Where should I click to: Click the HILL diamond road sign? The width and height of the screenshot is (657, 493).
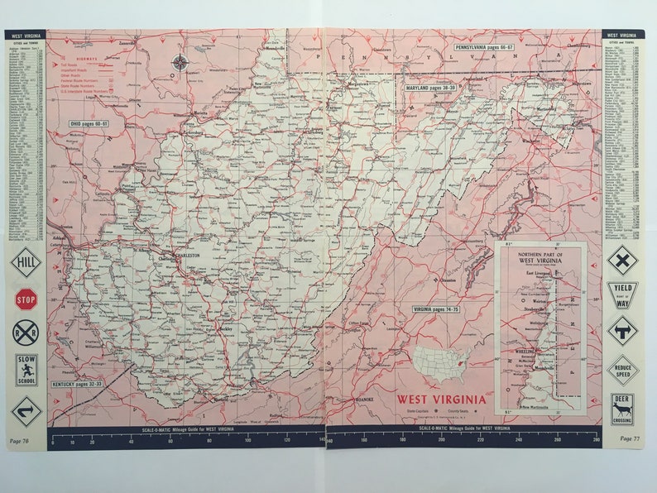click(x=26, y=262)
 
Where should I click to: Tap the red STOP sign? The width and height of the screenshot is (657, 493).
click(x=26, y=298)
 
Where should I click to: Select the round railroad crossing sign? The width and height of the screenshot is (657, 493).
click(x=25, y=333)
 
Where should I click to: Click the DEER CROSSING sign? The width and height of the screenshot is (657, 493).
click(x=622, y=408)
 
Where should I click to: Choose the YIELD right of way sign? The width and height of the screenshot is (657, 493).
click(x=622, y=294)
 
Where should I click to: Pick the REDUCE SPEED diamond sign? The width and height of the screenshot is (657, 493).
click(x=622, y=369)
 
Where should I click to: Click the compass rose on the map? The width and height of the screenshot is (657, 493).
click(x=180, y=61)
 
